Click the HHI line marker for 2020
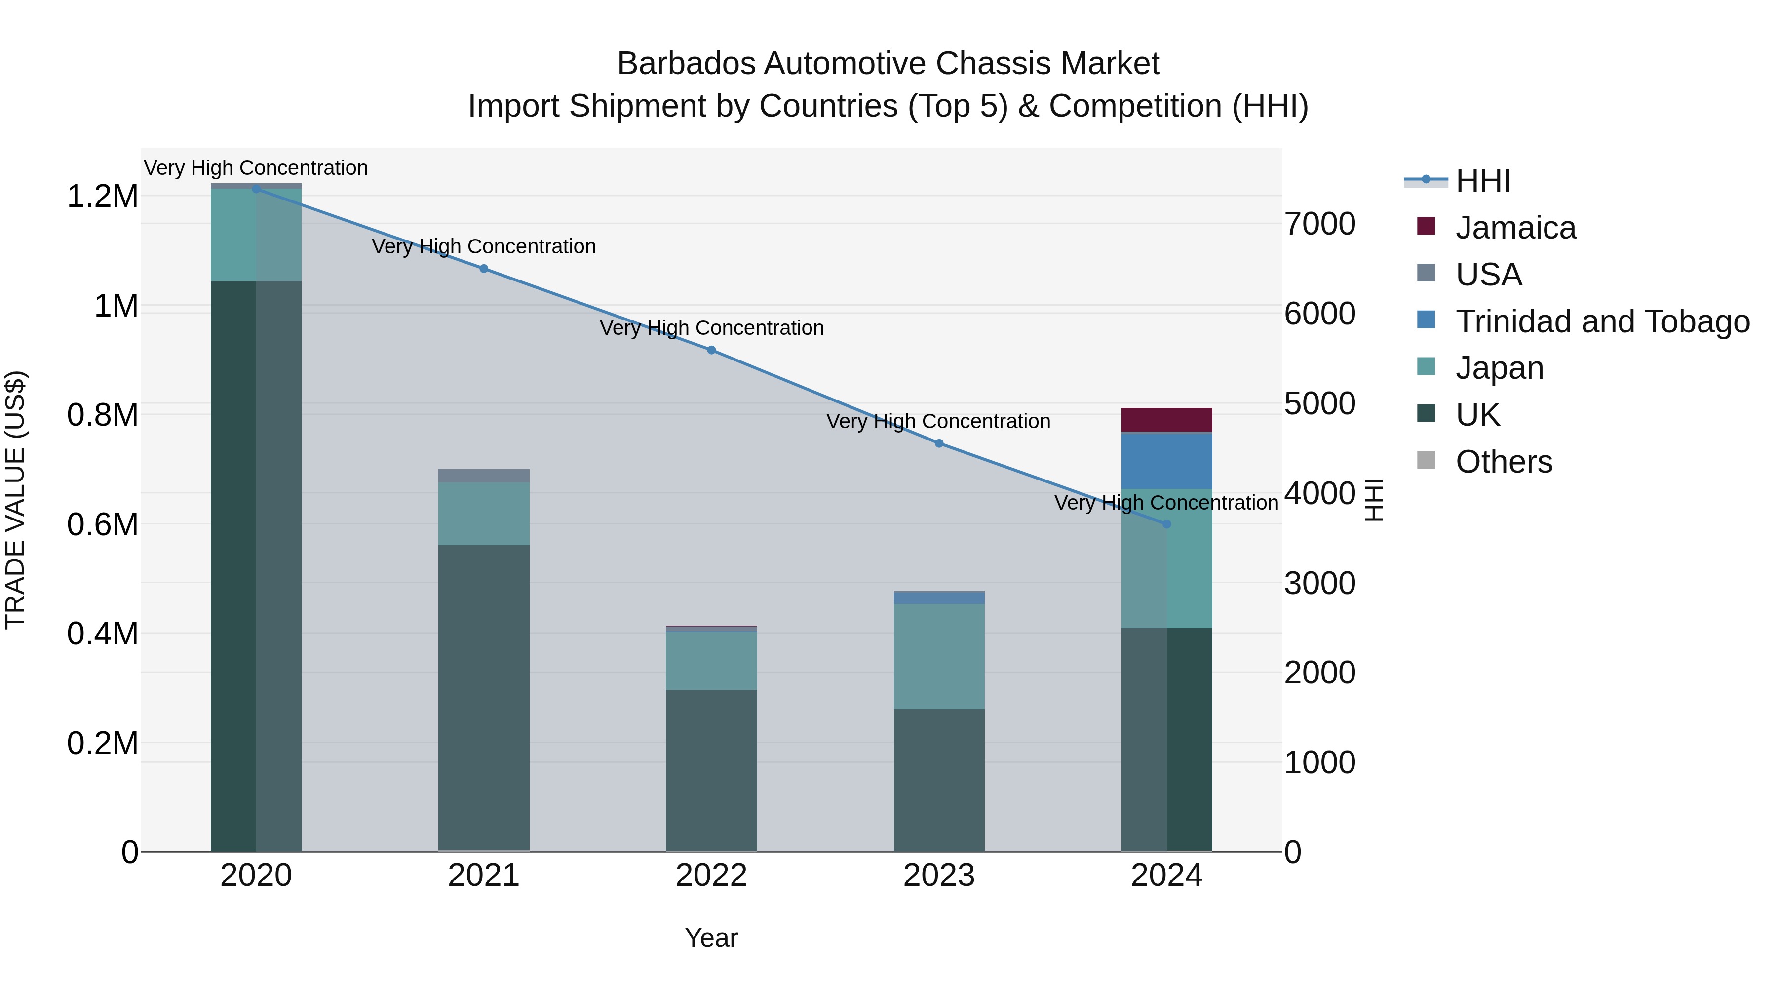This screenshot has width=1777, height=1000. (x=256, y=189)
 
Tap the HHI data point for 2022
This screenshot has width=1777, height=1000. (x=711, y=350)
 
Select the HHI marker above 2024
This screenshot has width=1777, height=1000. (x=1166, y=524)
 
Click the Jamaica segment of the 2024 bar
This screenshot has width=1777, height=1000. (x=1166, y=420)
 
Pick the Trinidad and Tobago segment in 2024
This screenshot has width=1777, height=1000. (x=1166, y=460)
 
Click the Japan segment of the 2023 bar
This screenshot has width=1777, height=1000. (x=939, y=656)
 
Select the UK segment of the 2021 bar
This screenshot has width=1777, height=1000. (x=484, y=697)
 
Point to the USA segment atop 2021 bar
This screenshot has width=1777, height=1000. (x=484, y=476)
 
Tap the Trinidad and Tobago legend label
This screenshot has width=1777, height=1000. (x=1602, y=321)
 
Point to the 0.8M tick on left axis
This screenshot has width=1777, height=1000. (x=102, y=415)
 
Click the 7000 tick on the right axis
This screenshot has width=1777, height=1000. (x=1319, y=224)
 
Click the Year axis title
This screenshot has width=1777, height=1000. (x=711, y=938)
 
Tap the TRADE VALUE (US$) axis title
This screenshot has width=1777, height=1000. (x=15, y=500)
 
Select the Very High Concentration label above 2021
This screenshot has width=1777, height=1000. (x=484, y=246)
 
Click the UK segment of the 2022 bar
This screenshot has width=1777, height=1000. (x=711, y=769)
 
